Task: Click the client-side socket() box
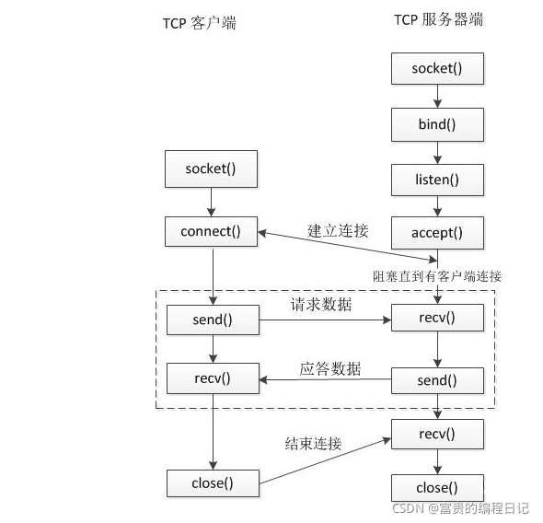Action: pyautogui.click(x=212, y=169)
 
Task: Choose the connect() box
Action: pyautogui.click(x=212, y=231)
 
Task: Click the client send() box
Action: pyautogui.click(x=212, y=320)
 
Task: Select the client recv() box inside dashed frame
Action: pyautogui.click(x=212, y=377)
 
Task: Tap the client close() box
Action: pyautogui.click(x=212, y=482)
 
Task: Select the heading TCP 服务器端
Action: pyautogui.click(x=438, y=19)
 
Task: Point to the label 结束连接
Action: pyautogui.click(x=313, y=444)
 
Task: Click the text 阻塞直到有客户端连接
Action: pyautogui.click(x=437, y=275)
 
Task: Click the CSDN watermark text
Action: pyautogui.click(x=460, y=507)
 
